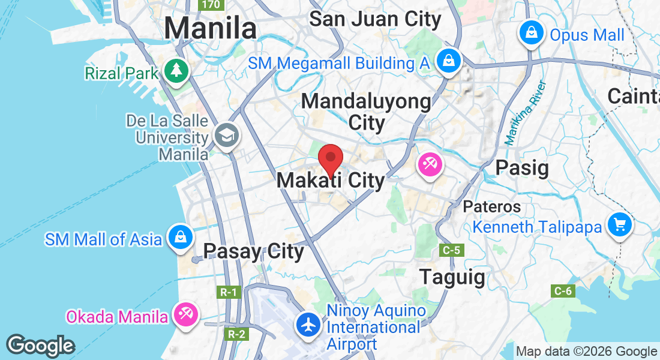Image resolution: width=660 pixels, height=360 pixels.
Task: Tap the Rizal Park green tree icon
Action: click(178, 71)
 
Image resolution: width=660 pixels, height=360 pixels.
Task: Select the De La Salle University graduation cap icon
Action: click(227, 135)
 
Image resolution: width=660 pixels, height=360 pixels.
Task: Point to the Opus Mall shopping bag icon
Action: click(532, 33)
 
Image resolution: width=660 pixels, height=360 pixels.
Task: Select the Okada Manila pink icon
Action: click(185, 313)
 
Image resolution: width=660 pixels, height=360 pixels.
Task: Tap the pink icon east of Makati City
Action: click(430, 163)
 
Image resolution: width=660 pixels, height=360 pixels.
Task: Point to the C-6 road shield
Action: click(563, 291)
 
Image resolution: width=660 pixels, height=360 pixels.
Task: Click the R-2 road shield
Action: click(235, 334)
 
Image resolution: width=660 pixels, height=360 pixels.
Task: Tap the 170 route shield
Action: click(211, 5)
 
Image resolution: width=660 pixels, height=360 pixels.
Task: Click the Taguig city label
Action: click(452, 277)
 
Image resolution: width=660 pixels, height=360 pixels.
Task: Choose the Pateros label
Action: click(491, 206)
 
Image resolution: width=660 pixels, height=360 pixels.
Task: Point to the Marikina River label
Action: click(526, 113)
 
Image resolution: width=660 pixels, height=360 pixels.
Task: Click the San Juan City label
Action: click(375, 19)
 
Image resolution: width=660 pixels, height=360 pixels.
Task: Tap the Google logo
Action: click(40, 346)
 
